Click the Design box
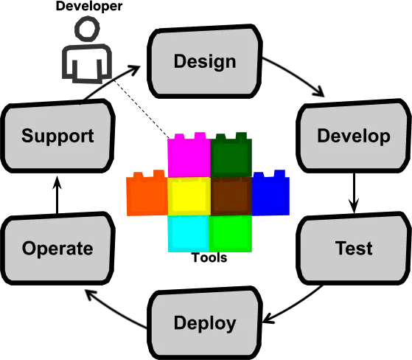pyautogui.click(x=205, y=61)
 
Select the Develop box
pyautogui.click(x=354, y=136)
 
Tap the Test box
pyautogui.click(x=354, y=248)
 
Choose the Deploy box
pyautogui.click(x=205, y=323)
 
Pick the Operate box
pyautogui.click(x=57, y=248)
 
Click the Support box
pyautogui.click(x=57, y=136)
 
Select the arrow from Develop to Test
pyautogui.click(x=354, y=193)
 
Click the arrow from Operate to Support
pyautogui.click(x=57, y=195)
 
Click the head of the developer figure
pyautogui.click(x=87, y=28)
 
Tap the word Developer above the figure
pyautogui.click(x=89, y=6)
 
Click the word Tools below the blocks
pyautogui.click(x=209, y=257)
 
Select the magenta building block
pyautogui.click(x=189, y=155)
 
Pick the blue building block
pyautogui.click(x=270, y=193)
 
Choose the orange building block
pyautogui.click(x=147, y=193)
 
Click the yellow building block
pyautogui.click(x=189, y=196)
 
